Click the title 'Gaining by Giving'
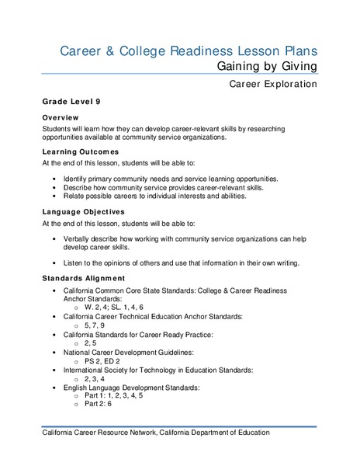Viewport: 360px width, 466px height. (x=267, y=66)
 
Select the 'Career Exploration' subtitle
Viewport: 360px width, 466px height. (x=273, y=83)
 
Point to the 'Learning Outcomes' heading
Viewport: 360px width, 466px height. (x=81, y=151)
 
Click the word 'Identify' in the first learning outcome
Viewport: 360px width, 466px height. (x=79, y=179)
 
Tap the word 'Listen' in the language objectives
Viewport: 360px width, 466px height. (x=76, y=263)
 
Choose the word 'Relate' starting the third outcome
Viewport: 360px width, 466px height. (x=78, y=196)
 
